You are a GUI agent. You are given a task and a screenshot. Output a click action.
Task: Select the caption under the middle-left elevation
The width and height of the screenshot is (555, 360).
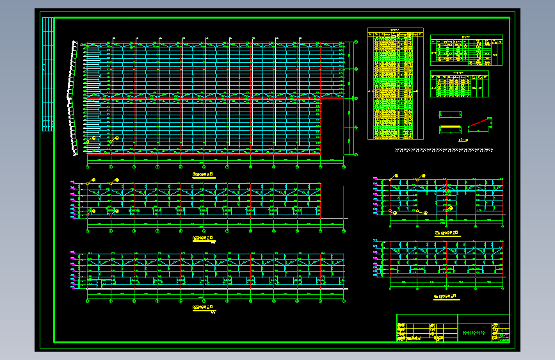pyautogui.click(x=204, y=237)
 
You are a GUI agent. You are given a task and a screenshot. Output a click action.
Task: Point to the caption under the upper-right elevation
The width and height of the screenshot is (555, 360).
pyautogui.click(x=446, y=234)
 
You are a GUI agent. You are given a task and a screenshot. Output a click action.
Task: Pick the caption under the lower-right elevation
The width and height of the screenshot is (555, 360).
pyautogui.click(x=446, y=296)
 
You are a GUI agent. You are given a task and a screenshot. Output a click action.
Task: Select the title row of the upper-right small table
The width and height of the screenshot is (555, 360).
pyautogui.click(x=466, y=37)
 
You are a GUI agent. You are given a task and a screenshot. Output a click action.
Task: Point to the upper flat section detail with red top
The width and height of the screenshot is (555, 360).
pyautogui.click(x=450, y=114)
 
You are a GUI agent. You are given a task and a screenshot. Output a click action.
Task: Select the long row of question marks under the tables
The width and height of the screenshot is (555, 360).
pyautogui.click(x=444, y=151)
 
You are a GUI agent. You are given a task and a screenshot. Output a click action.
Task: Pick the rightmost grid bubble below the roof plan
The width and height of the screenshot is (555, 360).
pyautogui.click(x=344, y=167)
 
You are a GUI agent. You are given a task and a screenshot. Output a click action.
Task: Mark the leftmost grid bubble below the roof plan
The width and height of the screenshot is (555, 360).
pyautogui.click(x=88, y=167)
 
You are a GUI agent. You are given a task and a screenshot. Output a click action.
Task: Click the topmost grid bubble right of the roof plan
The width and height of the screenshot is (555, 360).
pyautogui.click(x=356, y=44)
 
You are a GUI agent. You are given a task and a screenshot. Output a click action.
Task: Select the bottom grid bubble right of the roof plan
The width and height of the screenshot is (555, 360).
pyautogui.click(x=356, y=154)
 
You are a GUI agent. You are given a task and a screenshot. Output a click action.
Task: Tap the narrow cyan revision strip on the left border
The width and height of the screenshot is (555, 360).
pyautogui.click(x=47, y=74)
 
